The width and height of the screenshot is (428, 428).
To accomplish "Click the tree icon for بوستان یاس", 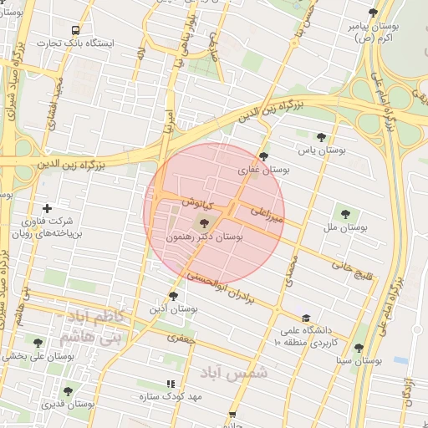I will tap(322, 137).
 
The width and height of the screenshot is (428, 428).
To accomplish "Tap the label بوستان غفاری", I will tap(263, 170).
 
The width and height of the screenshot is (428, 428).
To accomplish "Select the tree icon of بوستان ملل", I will tap(344, 214).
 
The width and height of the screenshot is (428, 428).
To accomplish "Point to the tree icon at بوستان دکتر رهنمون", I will tap(205, 223).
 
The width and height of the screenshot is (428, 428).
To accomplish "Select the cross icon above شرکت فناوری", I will tap(47, 208).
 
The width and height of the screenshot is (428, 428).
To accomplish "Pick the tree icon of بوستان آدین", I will tap(173, 296).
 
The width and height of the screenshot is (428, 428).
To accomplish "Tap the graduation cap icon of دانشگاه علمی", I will tap(307, 318).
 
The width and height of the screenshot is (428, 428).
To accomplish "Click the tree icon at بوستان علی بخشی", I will tap(38, 342).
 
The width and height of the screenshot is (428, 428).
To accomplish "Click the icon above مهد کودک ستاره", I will tap(171, 384).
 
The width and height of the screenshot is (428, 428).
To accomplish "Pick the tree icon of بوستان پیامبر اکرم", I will tap(373, 13).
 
